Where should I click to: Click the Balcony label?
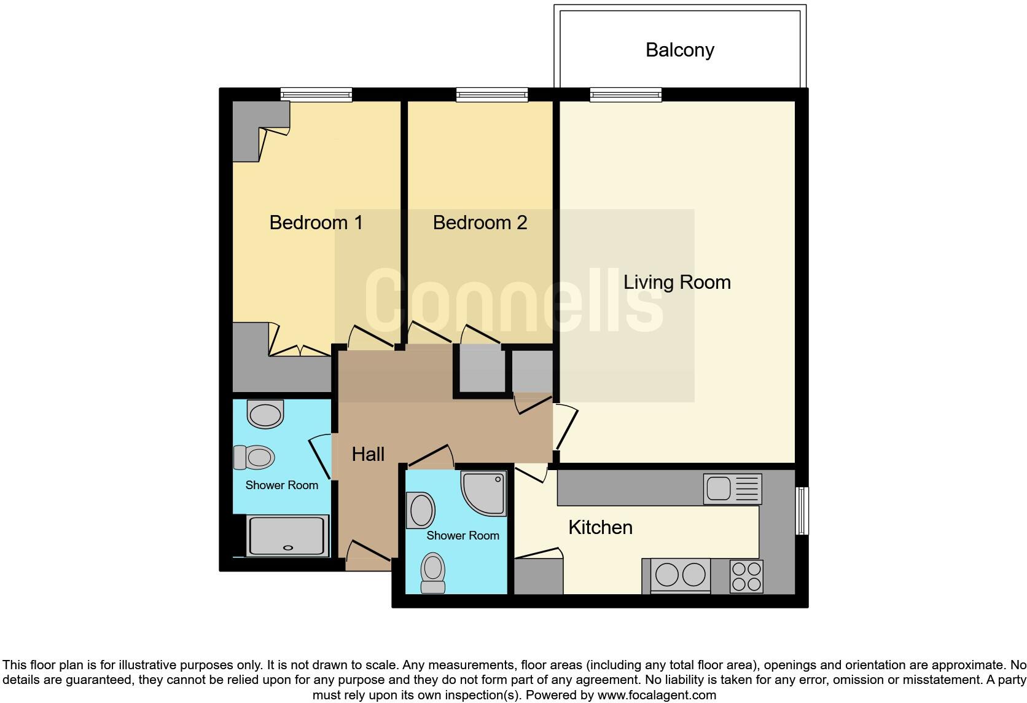tap(679, 50)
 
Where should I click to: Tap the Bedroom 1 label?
tap(316, 222)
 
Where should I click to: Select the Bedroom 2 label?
tap(480, 222)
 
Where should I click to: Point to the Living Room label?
tap(677, 282)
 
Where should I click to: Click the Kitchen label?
tap(600, 527)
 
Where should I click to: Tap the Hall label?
tap(368, 454)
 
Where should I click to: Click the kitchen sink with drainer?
tap(732, 489)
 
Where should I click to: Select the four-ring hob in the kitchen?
tap(746, 576)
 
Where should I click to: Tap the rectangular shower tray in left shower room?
tap(287, 536)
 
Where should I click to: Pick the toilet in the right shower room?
tap(433, 572)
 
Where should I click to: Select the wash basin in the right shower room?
tap(421, 510)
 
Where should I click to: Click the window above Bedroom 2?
tap(492, 95)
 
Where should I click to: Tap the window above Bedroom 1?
tap(316, 95)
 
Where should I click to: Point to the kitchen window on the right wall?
tap(802, 511)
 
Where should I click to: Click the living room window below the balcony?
tap(626, 95)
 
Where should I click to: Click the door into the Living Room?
tap(566, 427)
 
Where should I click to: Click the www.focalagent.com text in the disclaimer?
tap(657, 695)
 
